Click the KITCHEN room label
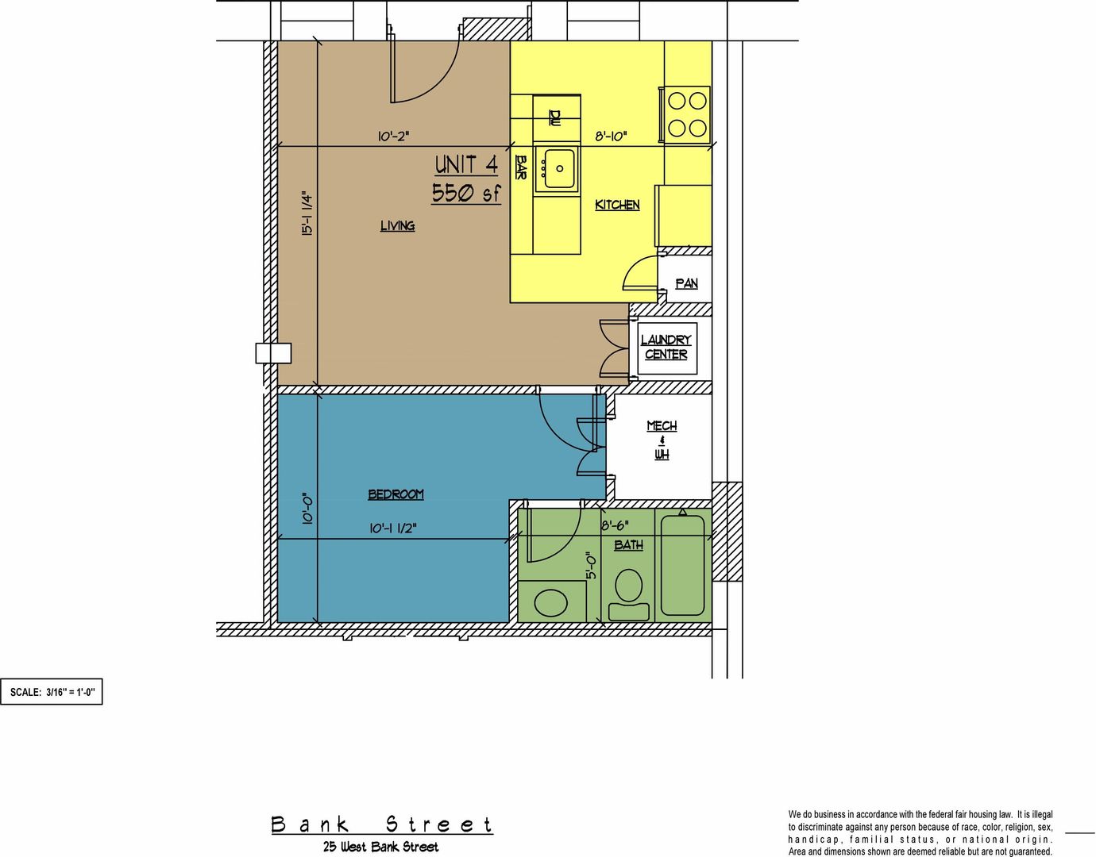click(x=617, y=205)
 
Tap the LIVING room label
click(x=397, y=225)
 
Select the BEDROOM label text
click(x=396, y=494)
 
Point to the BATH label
click(x=628, y=544)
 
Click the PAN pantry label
click(x=686, y=283)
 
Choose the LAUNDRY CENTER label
click(x=666, y=347)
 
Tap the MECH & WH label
click(x=662, y=440)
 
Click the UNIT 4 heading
click(x=466, y=165)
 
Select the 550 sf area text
click(x=466, y=193)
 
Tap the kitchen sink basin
click(x=555, y=169)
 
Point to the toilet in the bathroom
click(x=628, y=594)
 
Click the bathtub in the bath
click(x=682, y=565)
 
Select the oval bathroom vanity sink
click(x=550, y=603)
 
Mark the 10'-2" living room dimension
click(x=393, y=136)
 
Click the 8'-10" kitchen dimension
click(x=611, y=136)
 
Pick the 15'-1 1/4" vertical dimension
click(x=307, y=213)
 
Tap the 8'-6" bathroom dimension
click(x=615, y=525)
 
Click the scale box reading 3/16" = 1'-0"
click(x=52, y=692)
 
